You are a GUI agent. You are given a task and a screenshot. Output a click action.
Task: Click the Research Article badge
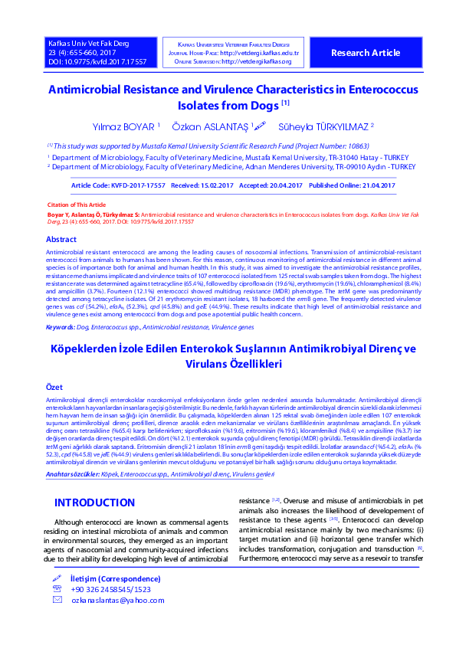(365, 53)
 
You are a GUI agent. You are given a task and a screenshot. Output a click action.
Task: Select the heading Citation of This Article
(76, 205)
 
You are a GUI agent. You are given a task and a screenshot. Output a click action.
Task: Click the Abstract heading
(61, 240)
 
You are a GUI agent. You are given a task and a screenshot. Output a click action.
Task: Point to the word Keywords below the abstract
(61, 327)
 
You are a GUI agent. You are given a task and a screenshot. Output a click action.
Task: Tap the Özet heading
(54, 388)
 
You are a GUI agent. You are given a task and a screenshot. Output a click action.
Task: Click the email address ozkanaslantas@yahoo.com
(107, 601)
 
